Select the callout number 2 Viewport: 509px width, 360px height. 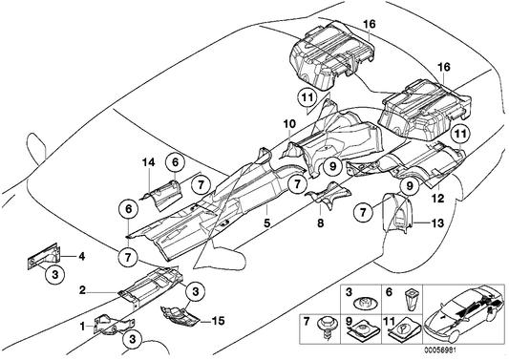click(x=85, y=289)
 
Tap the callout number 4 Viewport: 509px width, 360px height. click(x=81, y=256)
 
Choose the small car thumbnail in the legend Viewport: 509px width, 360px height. click(x=466, y=314)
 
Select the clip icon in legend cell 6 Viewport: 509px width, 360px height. click(x=411, y=304)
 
